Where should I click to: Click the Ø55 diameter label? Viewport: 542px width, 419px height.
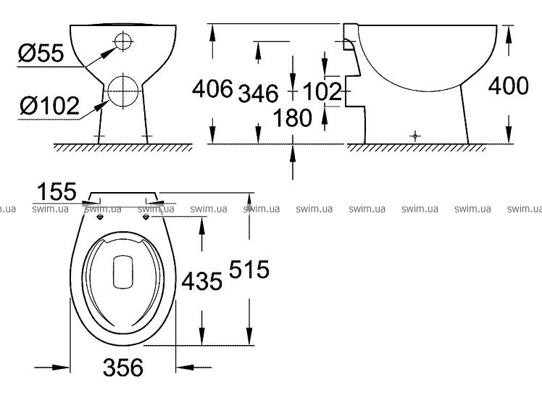pyautogui.click(x=41, y=53)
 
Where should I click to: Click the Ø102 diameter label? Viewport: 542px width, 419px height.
pyautogui.click(x=49, y=105)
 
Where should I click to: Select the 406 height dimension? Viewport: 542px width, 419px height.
pyautogui.click(x=212, y=88)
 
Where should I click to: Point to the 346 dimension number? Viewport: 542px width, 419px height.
pyautogui.click(x=258, y=93)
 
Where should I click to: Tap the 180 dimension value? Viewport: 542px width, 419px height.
pyautogui.click(x=293, y=117)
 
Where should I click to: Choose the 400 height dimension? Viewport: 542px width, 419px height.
pyautogui.click(x=508, y=86)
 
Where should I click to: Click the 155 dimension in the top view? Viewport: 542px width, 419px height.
pyautogui.click(x=57, y=191)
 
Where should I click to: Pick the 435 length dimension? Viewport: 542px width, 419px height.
pyautogui.click(x=202, y=281)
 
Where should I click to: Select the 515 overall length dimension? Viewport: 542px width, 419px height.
pyautogui.click(x=249, y=270)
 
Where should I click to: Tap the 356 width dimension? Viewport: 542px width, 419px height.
pyautogui.click(x=123, y=367)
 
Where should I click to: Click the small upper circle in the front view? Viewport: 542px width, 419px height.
pyautogui.click(x=123, y=41)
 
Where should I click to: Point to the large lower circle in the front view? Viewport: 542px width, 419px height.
pyautogui.click(x=123, y=91)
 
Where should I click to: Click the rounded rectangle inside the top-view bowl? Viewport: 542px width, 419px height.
pyautogui.click(x=123, y=272)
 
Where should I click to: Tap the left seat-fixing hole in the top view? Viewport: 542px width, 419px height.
pyautogui.click(x=100, y=217)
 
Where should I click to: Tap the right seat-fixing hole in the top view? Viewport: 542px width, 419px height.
pyautogui.click(x=146, y=217)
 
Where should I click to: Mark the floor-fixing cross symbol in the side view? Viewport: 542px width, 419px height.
pyautogui.click(x=415, y=136)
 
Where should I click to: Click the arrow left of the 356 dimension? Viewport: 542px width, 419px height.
pyautogui.click(x=52, y=367)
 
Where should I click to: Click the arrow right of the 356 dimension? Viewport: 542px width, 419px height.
pyautogui.click(x=193, y=367)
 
